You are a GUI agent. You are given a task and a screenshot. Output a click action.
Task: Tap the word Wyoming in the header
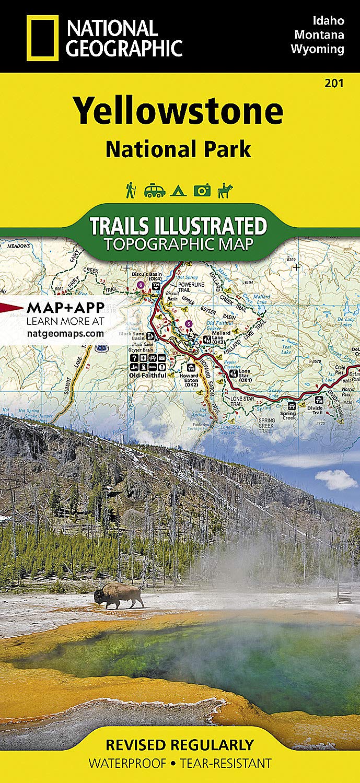point(318,50)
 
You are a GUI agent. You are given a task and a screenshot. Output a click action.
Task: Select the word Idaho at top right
point(328,21)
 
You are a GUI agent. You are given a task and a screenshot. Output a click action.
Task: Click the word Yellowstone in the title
point(178,111)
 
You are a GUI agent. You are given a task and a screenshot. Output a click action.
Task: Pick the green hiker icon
point(131,190)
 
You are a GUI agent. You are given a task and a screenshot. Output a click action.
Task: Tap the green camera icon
point(202,191)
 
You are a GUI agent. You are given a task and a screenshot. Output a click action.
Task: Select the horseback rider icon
point(226,190)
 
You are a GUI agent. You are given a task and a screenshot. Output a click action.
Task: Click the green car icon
point(154,191)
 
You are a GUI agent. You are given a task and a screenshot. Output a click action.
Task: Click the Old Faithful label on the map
point(148,375)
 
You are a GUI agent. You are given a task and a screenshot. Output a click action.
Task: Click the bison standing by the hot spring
point(119,595)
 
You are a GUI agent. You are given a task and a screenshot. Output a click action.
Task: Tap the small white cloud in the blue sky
point(336,479)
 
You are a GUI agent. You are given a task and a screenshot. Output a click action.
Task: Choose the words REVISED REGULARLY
point(179,745)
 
